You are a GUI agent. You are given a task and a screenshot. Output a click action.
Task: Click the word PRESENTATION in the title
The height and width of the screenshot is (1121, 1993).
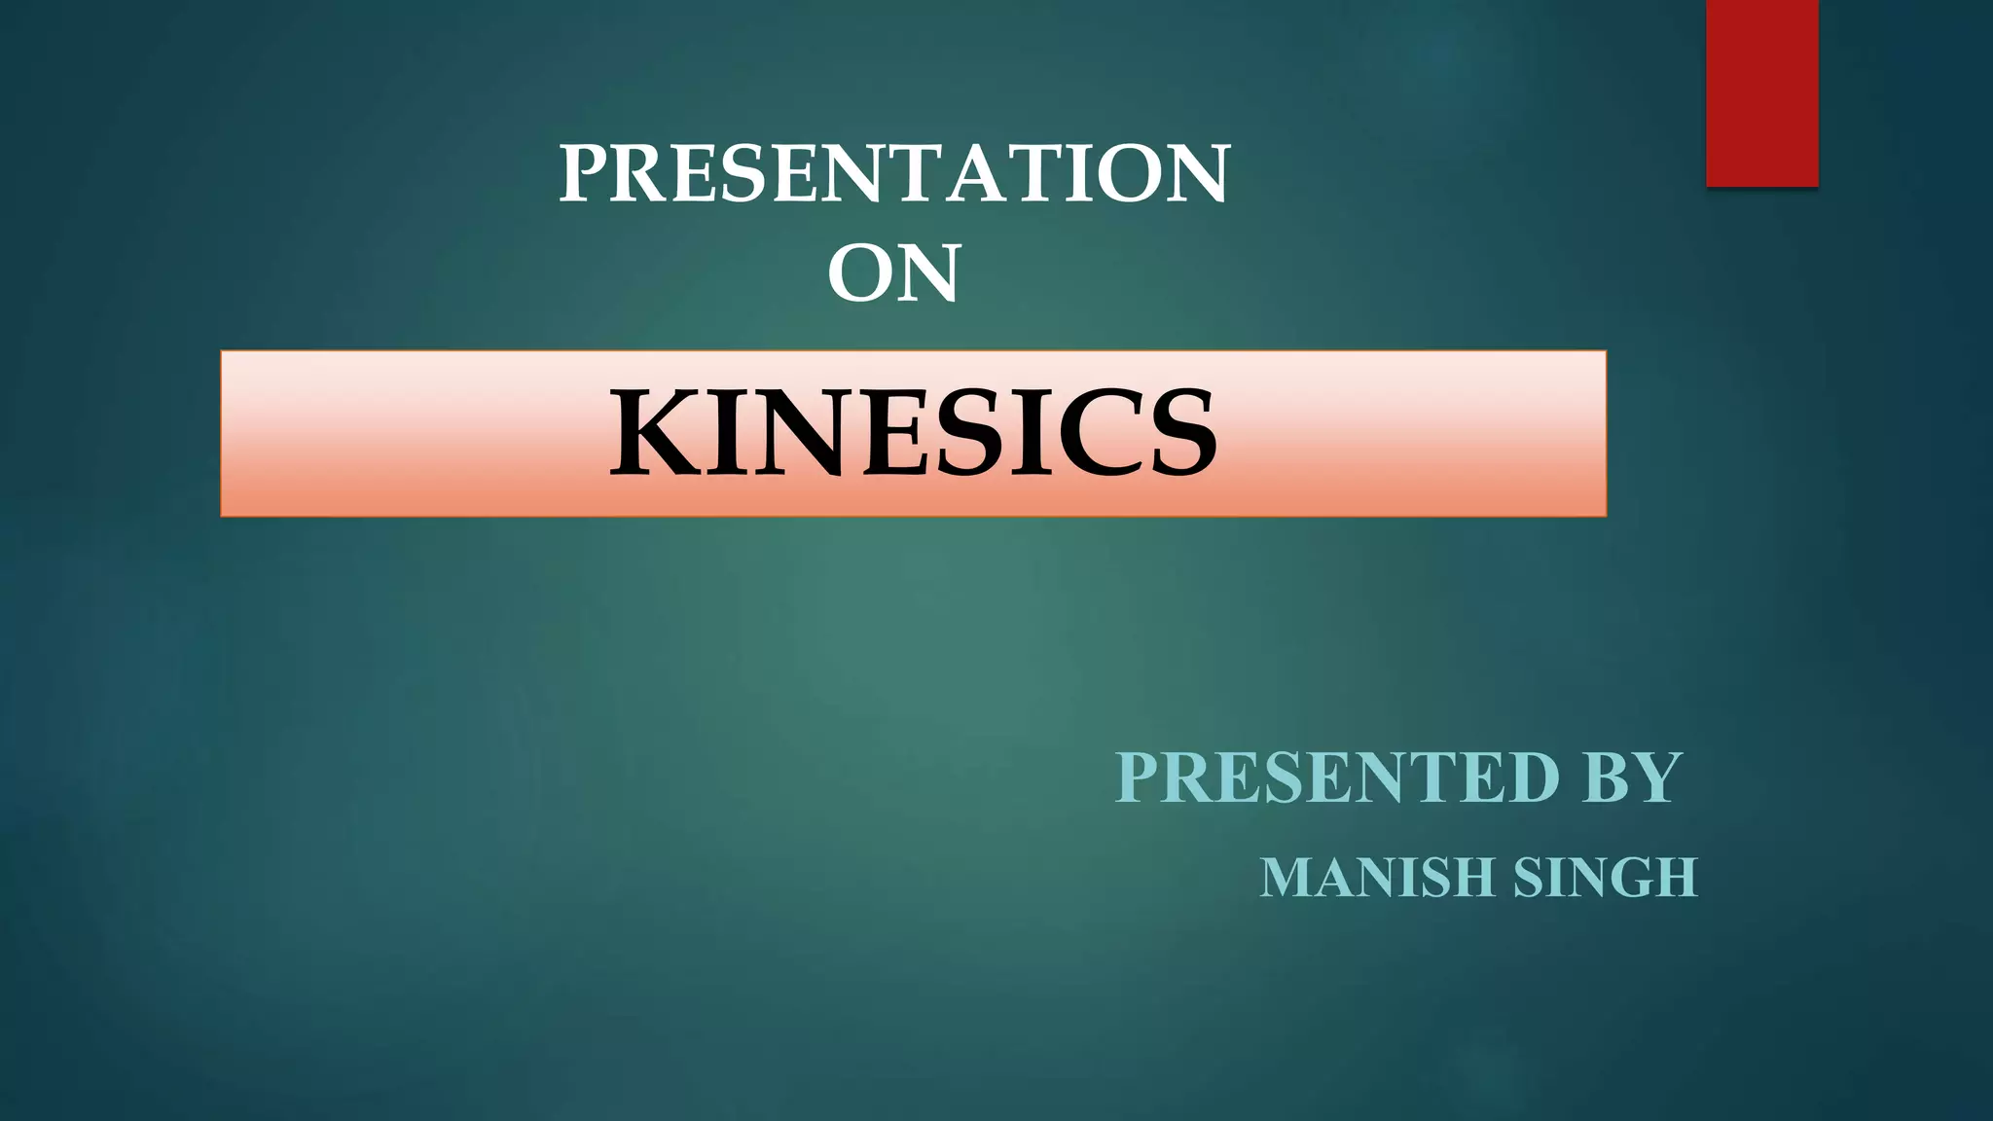[894, 173]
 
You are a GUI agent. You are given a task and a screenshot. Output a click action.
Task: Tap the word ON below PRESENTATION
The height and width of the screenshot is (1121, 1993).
[894, 273]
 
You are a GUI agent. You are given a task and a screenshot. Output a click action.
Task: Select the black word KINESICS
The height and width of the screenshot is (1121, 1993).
[913, 433]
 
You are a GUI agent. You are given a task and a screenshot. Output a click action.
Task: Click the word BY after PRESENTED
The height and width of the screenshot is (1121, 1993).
[1632, 777]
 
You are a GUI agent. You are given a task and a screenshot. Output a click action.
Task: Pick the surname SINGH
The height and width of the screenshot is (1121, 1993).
[1606, 878]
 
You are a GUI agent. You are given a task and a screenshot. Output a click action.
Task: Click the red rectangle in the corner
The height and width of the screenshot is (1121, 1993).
[1761, 92]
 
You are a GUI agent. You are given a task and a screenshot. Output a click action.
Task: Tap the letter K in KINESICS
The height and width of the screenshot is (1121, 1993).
[652, 433]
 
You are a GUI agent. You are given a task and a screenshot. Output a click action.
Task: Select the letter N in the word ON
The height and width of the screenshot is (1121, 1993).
[928, 273]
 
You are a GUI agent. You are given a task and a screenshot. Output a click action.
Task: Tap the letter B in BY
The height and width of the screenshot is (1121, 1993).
[1607, 777]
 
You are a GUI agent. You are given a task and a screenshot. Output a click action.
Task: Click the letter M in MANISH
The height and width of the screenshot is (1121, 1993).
[1286, 878]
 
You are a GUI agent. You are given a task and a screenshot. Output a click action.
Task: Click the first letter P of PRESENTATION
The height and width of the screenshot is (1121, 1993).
[584, 173]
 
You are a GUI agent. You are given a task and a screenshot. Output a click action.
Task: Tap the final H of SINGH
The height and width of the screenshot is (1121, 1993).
[1676, 878]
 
